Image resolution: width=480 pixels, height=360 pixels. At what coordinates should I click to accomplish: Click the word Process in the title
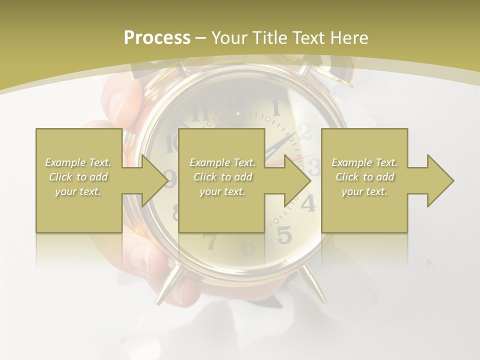pyautogui.click(x=157, y=38)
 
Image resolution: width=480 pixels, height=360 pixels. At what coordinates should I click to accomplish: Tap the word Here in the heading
pyautogui.click(x=348, y=38)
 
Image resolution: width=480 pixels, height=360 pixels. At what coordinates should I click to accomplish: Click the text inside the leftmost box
pyautogui.click(x=78, y=177)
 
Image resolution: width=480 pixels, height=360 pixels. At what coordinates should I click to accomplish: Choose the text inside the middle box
pyautogui.click(x=222, y=177)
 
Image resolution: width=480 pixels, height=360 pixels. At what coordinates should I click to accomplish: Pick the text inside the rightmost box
pyautogui.click(x=364, y=177)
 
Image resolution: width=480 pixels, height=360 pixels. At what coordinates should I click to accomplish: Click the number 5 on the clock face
pyautogui.click(x=284, y=234)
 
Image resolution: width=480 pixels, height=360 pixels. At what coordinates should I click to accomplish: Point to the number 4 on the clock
pyautogui.click(x=308, y=202)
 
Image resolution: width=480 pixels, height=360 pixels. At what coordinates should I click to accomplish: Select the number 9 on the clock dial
pyautogui.click(x=170, y=178)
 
